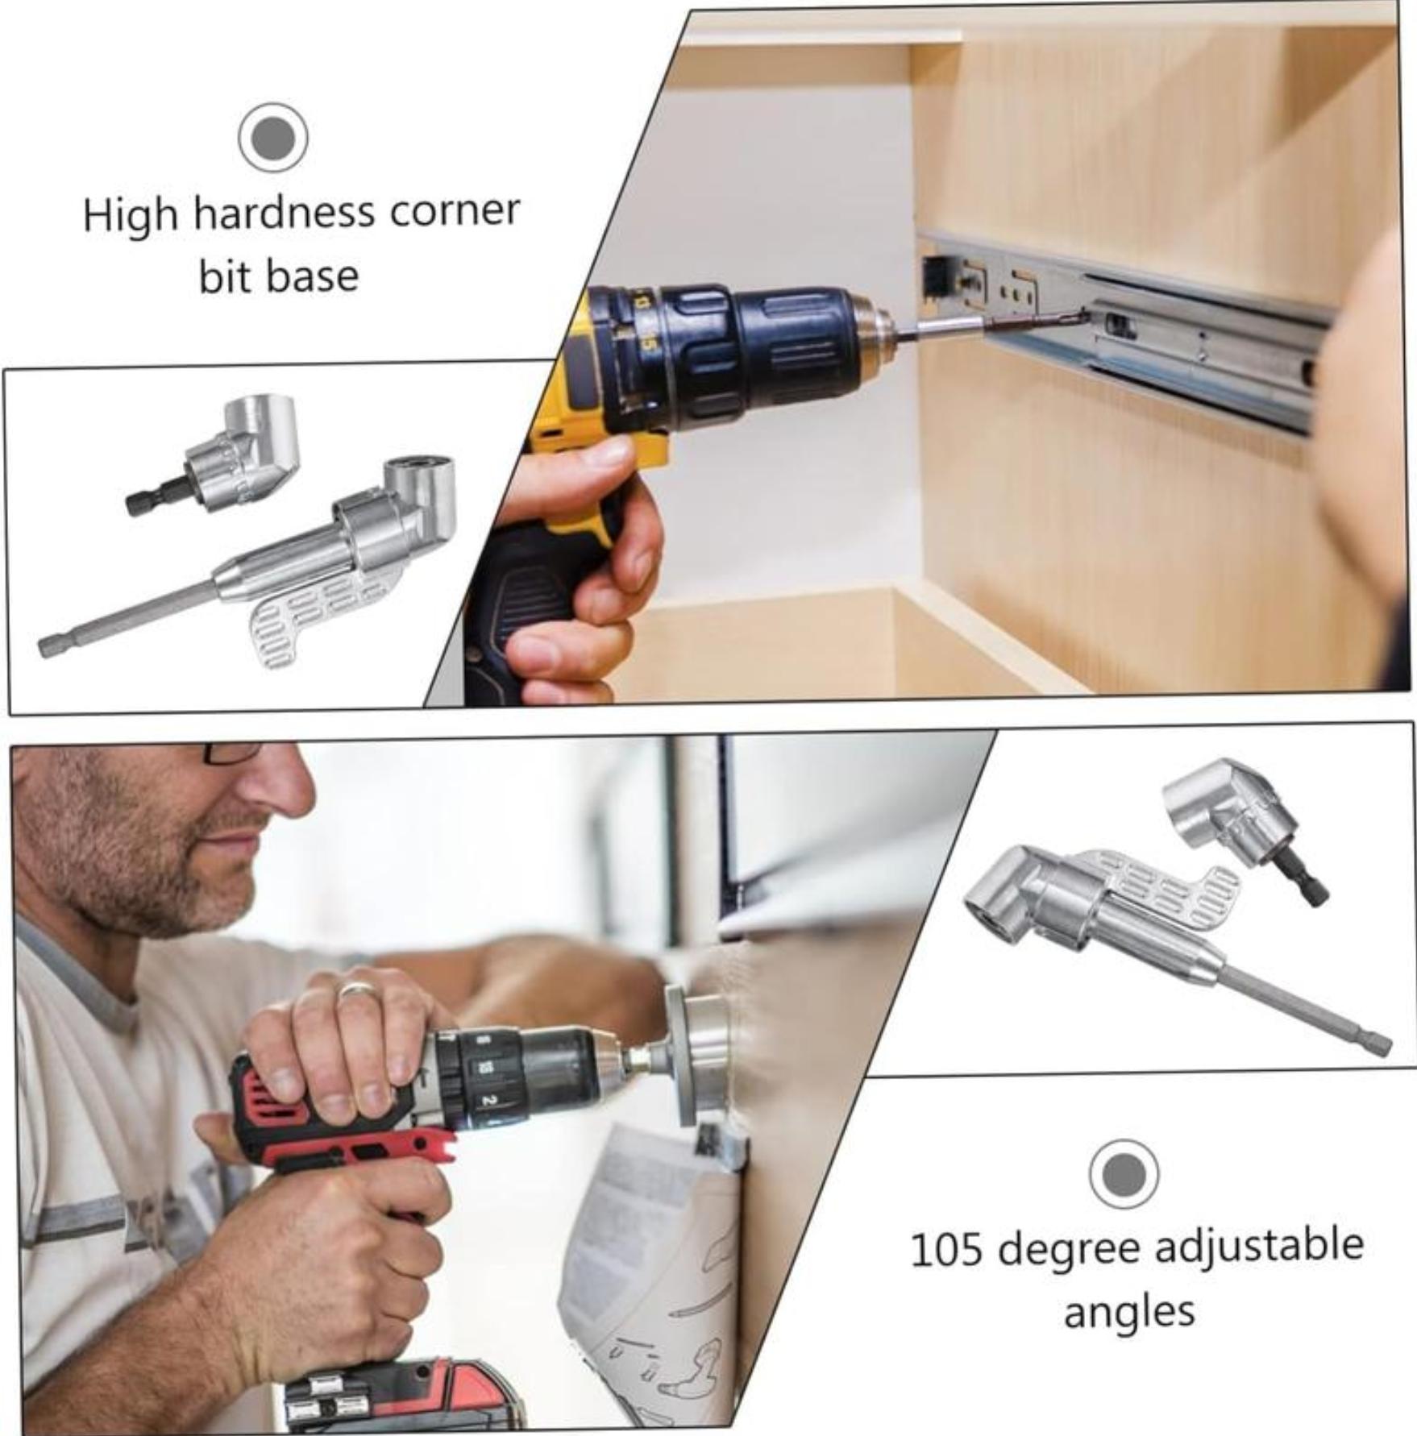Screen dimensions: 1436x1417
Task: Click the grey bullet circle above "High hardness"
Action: (273, 138)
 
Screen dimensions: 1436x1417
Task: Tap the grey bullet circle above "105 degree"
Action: (1124, 1174)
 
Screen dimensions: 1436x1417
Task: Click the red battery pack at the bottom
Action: (403, 1394)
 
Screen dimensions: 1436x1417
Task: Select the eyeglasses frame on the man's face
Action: (229, 754)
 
